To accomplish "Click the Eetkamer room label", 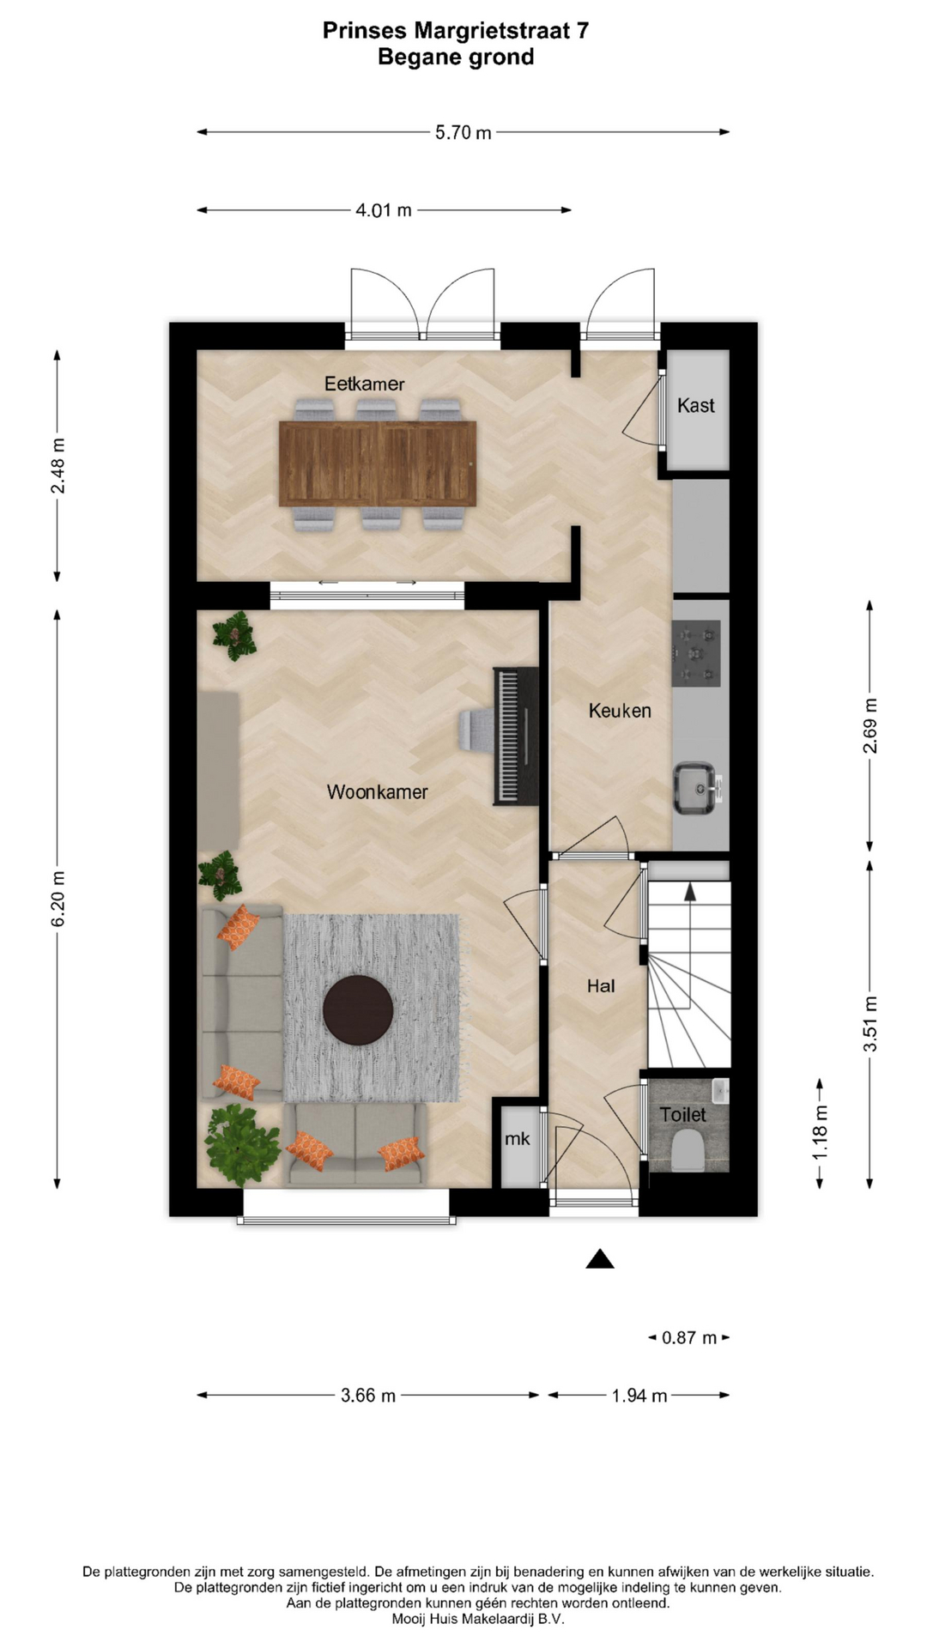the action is [x=364, y=384].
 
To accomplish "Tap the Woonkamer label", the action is [x=377, y=791].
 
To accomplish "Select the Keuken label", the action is [x=620, y=711].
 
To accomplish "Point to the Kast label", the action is [x=695, y=405].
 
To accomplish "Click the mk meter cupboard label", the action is [x=517, y=1139].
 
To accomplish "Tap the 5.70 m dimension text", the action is [x=463, y=132].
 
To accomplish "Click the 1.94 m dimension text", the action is [x=639, y=1396].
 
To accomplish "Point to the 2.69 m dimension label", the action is [x=870, y=725].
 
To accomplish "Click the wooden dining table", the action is [x=378, y=463].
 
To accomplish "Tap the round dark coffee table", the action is [x=358, y=1010].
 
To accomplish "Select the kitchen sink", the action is [x=697, y=788].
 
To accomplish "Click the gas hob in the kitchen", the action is [x=696, y=653].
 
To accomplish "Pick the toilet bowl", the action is [x=688, y=1150].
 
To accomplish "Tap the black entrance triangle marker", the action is [x=600, y=1259].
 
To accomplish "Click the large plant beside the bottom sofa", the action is [x=242, y=1145].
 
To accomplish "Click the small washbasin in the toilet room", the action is [x=720, y=1091].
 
